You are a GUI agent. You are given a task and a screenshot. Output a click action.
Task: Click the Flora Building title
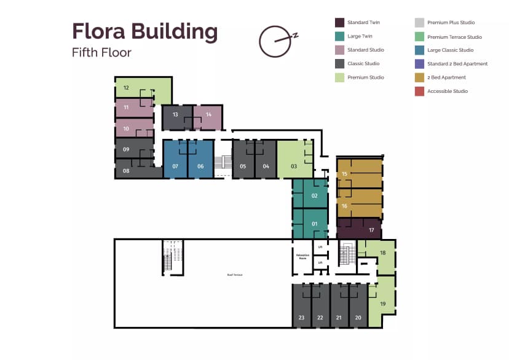click(x=144, y=31)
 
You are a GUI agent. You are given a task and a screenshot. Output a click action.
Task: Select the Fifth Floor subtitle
click(x=101, y=52)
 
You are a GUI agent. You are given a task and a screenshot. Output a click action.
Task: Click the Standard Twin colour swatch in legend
click(x=339, y=23)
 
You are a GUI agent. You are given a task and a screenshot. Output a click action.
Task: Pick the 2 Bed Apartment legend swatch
click(x=419, y=77)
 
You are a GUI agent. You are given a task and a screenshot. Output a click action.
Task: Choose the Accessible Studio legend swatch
click(x=419, y=92)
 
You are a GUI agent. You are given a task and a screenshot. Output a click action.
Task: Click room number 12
click(x=125, y=88)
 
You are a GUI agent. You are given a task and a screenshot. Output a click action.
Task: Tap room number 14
click(x=208, y=115)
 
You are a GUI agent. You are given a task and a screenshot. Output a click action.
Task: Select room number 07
click(x=175, y=166)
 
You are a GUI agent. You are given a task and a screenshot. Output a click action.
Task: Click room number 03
click(x=294, y=166)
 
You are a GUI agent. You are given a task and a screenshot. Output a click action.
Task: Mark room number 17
click(x=371, y=230)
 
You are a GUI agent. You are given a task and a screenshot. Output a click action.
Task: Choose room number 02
click(x=314, y=196)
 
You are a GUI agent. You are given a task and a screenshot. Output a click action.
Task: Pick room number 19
click(x=382, y=304)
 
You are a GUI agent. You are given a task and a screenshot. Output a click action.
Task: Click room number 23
click(x=301, y=318)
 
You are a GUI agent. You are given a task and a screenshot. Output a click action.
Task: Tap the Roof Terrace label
click(x=235, y=275)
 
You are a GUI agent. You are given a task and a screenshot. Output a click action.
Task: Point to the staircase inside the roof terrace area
click(x=172, y=256)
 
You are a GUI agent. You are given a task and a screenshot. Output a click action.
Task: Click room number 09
click(x=125, y=149)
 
